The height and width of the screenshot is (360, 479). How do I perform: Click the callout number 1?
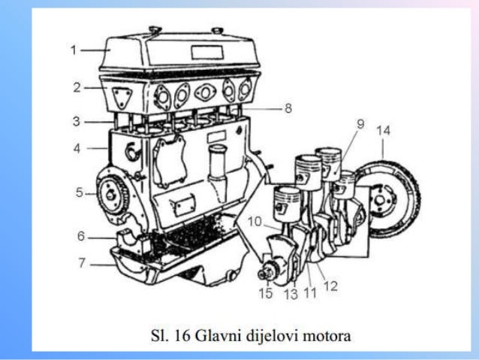[74, 50]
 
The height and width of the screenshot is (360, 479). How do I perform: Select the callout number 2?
[77, 87]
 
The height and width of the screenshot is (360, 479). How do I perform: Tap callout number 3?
[77, 120]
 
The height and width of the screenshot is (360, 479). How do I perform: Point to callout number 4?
[77, 149]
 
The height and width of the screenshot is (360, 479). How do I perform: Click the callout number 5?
[79, 193]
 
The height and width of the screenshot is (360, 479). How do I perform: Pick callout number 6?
[80, 236]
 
